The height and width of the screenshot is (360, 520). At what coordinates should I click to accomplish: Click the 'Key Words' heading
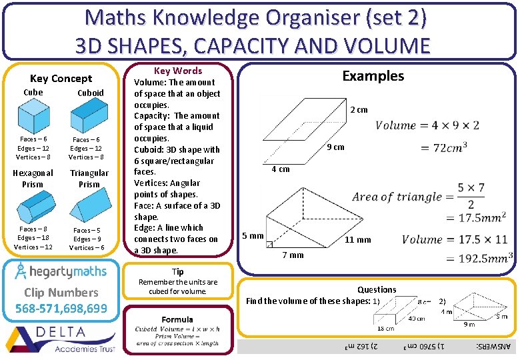[x=178, y=71]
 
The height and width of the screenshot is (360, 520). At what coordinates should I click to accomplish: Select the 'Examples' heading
[x=373, y=76]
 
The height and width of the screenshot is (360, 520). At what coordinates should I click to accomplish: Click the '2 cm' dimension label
[x=359, y=110]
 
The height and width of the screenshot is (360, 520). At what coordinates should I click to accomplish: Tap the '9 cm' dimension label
[x=335, y=147]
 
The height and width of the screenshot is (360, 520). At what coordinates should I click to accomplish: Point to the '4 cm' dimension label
[x=280, y=169]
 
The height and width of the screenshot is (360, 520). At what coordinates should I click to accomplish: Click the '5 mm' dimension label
[x=253, y=236]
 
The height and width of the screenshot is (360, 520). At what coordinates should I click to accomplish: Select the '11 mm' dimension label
[x=357, y=240]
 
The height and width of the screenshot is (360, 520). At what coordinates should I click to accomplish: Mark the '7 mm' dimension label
[x=293, y=255]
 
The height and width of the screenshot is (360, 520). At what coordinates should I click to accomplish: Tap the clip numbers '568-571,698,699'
[x=61, y=308]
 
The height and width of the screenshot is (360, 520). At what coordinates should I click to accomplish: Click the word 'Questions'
[x=377, y=290]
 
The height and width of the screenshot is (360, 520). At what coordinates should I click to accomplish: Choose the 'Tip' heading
[x=178, y=272]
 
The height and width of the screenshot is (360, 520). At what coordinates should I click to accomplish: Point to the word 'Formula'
[x=177, y=320]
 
